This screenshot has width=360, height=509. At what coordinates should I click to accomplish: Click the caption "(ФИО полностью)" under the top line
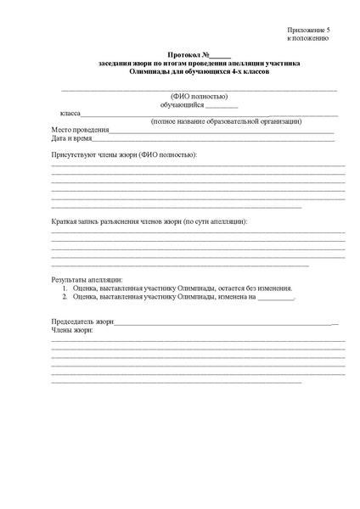[200, 96]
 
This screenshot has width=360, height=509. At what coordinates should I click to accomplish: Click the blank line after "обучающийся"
[222, 105]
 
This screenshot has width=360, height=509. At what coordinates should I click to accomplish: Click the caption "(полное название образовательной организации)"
[226, 121]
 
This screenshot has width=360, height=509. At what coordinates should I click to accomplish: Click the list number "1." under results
[65, 288]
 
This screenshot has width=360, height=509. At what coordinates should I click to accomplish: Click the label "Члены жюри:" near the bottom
[72, 331]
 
